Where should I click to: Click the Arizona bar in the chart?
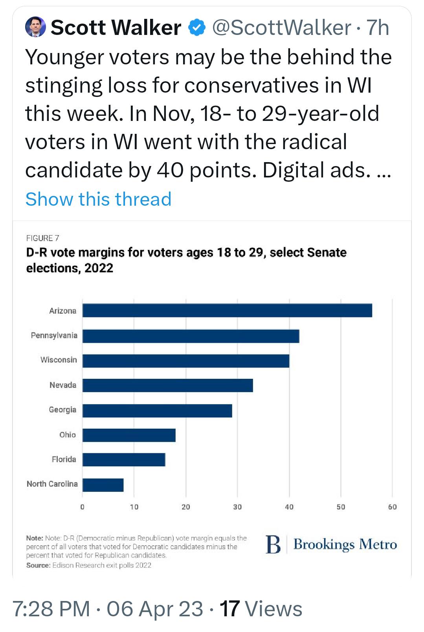227,311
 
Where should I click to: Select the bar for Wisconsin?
186,361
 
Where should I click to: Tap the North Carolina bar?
103,485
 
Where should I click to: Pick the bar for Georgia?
157,411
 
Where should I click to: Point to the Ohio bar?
129,435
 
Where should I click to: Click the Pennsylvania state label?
54,336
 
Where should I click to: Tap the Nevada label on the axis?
63,385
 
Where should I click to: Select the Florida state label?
64,459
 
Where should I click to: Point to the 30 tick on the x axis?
237,507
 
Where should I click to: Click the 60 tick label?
392,507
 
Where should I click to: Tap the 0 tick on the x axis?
82,507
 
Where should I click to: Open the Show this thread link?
98,199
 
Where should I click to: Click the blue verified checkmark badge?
197,27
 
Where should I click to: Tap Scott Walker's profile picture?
35,27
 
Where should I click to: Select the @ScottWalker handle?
281,27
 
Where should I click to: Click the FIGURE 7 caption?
43,238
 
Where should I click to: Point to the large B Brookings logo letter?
273,545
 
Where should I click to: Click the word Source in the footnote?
38,565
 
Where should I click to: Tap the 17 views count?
229,609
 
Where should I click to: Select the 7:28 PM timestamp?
51,609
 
